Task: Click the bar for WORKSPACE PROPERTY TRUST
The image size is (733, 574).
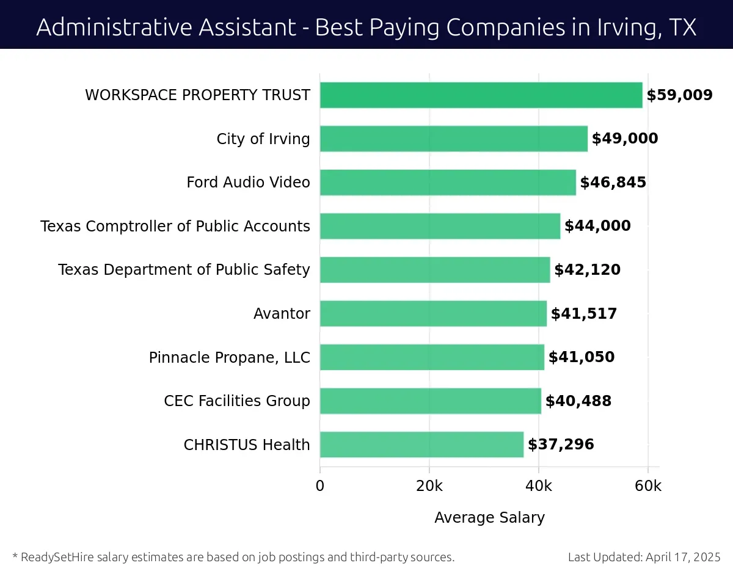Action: point(481,95)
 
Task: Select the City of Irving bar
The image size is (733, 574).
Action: point(453,139)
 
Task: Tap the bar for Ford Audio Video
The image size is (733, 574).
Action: point(448,183)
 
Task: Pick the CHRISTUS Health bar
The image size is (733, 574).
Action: point(421,445)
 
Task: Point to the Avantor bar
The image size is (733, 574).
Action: point(433,313)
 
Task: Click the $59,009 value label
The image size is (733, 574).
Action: point(679,95)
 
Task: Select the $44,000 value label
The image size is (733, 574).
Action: point(597,226)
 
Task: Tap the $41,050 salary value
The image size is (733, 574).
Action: point(582,357)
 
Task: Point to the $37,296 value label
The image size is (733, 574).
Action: point(561,445)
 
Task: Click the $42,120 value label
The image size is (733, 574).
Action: point(587,270)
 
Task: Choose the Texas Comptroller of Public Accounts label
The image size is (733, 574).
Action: point(175,227)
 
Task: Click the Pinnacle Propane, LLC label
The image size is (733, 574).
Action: point(230,357)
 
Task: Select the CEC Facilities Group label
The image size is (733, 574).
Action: point(237,401)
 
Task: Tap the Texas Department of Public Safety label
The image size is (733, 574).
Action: point(184,270)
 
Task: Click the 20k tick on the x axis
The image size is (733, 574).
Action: point(429,486)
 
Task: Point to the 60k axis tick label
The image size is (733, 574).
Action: point(648,486)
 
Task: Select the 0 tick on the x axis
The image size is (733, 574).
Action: point(320,486)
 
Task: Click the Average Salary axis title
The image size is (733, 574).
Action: point(489,518)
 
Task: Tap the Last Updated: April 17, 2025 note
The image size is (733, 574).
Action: point(644,557)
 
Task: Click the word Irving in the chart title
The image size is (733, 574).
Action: point(623,27)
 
